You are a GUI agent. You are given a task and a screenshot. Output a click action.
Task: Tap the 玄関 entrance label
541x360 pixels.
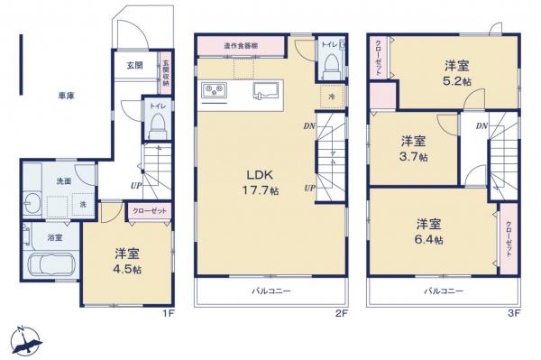click(134, 65)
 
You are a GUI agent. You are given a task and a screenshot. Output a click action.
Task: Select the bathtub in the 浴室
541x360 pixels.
click(52, 268)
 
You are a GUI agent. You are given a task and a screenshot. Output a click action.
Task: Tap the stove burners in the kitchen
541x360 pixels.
click(217, 90)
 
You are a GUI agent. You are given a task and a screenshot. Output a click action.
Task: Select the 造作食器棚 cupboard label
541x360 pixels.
click(242, 44)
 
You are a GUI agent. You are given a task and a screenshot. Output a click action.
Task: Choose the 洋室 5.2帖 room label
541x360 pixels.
click(455, 72)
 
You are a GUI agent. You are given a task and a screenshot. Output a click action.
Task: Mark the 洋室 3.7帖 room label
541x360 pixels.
click(415, 148)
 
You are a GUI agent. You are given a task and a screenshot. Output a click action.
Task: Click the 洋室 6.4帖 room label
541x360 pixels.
click(430, 231)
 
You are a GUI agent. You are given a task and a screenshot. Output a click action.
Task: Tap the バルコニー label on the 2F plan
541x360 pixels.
click(270, 291)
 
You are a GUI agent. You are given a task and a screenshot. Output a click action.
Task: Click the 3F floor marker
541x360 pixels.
click(513, 313)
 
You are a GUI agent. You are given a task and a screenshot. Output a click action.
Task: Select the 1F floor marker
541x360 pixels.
click(166, 313)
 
